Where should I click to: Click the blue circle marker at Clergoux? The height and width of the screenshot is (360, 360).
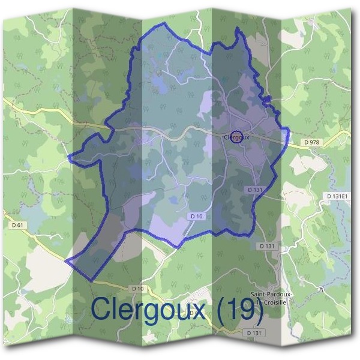tap(236, 137)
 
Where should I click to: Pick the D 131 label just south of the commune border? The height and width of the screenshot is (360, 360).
tap(267, 246)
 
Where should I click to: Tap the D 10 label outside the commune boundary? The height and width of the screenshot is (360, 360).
tap(137, 289)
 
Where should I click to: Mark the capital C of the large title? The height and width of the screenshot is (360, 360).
tap(101, 308)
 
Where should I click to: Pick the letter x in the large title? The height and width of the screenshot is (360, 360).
tap(199, 311)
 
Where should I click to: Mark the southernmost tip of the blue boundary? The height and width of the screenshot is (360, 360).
tap(91, 280)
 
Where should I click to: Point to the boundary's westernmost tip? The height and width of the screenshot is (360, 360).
tap(65, 262)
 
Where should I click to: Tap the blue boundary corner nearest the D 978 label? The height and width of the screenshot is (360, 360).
tap(289, 129)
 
